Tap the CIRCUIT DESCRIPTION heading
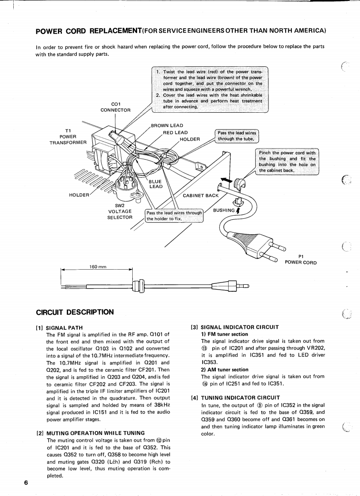[75, 312]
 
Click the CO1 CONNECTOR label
[115, 107]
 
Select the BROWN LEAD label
[167, 126]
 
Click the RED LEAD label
[175, 132]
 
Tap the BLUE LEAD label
[155, 183]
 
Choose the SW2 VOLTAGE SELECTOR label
[120, 211]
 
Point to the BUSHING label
[224, 210]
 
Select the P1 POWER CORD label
[301, 259]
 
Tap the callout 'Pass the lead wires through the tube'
[237, 136]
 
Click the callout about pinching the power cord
[287, 161]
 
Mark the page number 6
[26, 482]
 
